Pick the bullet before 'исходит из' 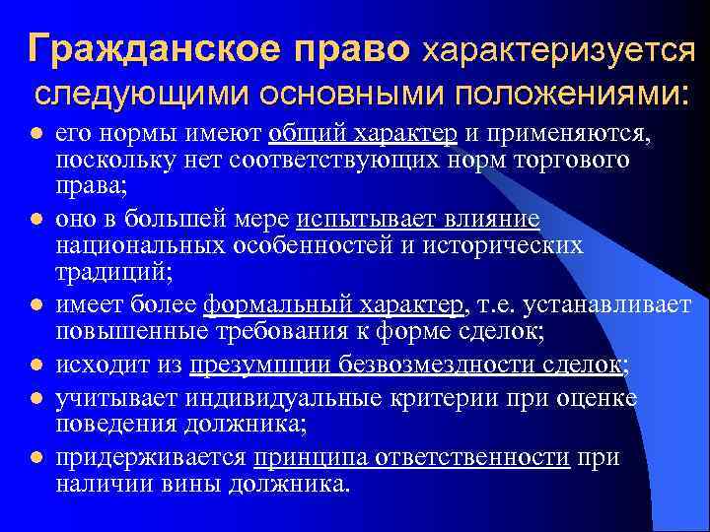coord(36,366)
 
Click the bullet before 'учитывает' coord(36,398)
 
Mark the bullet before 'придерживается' coord(36,459)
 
